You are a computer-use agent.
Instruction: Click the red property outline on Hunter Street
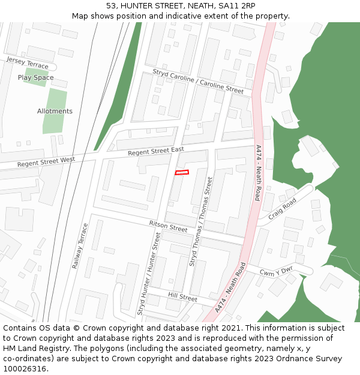[182, 173]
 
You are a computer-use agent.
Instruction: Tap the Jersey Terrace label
[27, 64]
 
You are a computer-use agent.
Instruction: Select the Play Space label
[35, 77]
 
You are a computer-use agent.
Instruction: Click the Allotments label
[55, 111]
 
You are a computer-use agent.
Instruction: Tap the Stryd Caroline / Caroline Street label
[198, 82]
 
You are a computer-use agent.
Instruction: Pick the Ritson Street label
[168, 226]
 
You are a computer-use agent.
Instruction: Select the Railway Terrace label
[80, 245]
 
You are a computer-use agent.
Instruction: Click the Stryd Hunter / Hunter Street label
[149, 274]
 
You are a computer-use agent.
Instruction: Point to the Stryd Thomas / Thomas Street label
[201, 221]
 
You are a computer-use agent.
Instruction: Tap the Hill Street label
[182, 297]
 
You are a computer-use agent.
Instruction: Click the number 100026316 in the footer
[26, 368]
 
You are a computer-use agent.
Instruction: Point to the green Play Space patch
[36, 77]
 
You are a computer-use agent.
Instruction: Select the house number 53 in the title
[112, 5]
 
